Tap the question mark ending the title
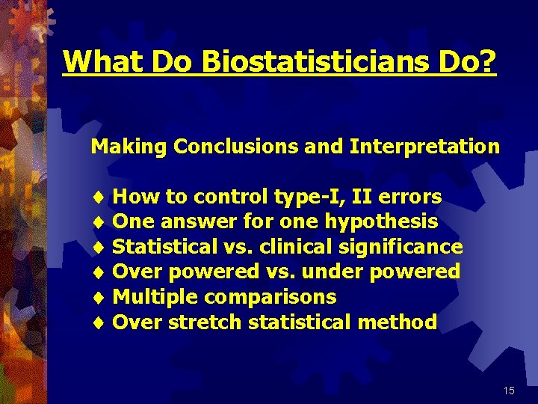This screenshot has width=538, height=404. point(489,61)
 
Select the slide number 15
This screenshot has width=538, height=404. point(509,391)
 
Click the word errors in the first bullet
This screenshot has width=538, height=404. point(410,197)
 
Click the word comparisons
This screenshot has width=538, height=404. point(270,297)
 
